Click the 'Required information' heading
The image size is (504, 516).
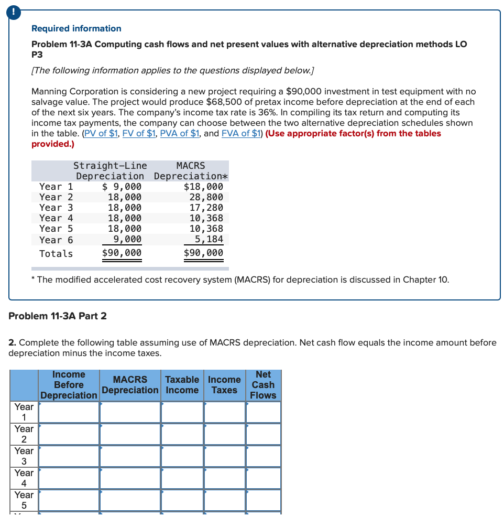[x=76, y=28]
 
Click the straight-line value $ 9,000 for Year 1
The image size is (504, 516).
[x=122, y=187]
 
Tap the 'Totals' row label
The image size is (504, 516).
[x=56, y=254]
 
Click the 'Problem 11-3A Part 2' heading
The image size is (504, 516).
[x=58, y=316]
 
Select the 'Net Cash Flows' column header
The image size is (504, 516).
[x=263, y=385]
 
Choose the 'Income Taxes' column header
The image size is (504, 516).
[x=224, y=385]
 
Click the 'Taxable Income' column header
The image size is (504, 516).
[x=182, y=385]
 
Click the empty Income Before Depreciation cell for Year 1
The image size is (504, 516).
[x=69, y=412]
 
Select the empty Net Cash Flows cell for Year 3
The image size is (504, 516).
[x=263, y=456]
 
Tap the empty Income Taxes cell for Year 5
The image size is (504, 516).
[x=224, y=500]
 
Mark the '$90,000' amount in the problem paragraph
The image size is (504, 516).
[x=305, y=91]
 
